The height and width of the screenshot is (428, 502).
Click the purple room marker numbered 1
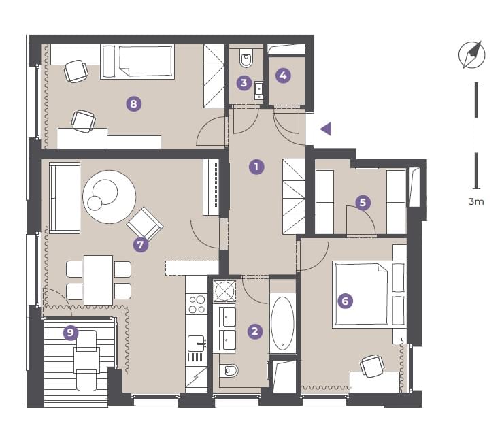(256, 167)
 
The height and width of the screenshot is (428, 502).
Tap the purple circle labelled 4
(283, 76)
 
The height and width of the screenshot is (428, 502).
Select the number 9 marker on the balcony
(71, 333)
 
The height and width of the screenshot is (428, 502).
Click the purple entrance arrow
(326, 129)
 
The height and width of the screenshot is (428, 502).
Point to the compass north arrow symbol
(472, 55)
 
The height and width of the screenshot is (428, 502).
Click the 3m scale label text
(476, 201)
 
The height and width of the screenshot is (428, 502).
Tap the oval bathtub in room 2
(282, 323)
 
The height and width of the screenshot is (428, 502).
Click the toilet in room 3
(246, 59)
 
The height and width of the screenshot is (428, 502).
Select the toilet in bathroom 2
(229, 371)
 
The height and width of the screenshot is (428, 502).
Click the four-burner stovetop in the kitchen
(197, 304)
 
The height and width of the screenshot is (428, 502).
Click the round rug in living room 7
(109, 197)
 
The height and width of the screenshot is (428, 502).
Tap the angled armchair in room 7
(145, 224)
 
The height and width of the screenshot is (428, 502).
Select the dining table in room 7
(98, 280)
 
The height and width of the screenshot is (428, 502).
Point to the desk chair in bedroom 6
(372, 365)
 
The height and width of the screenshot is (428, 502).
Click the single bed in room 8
(137, 61)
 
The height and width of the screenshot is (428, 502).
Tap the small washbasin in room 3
(258, 90)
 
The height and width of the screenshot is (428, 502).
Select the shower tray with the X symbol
(224, 291)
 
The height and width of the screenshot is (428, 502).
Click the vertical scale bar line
(477, 135)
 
